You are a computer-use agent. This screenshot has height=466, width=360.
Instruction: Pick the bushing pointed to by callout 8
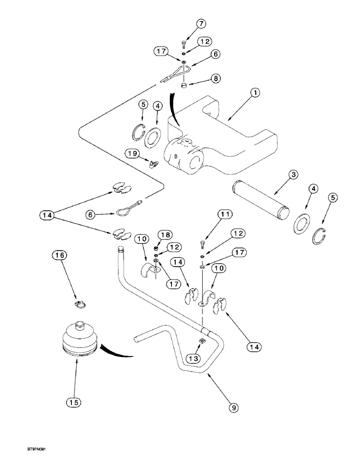coord(184,85)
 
